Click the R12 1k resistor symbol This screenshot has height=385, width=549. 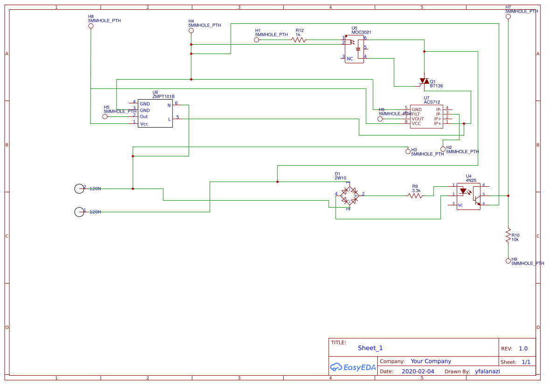[299, 40]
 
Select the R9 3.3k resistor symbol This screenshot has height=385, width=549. [415, 196]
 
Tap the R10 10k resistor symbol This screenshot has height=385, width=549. [508, 237]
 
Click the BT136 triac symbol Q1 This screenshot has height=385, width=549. [424, 81]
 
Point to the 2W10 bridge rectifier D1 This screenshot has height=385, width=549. [349, 196]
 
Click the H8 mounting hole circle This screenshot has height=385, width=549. [91, 26]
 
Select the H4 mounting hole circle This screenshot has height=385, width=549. [191, 31]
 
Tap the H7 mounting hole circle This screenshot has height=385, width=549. [508, 17]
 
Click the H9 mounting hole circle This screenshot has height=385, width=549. [508, 261]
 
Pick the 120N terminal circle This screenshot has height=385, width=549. [79, 189]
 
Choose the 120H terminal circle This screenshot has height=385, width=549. [79, 212]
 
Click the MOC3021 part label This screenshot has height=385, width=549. [361, 33]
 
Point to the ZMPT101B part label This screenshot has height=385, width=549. [163, 97]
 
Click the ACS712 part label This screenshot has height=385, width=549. [431, 102]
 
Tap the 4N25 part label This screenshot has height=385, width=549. [471, 180]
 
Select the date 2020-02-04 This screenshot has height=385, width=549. [417, 371]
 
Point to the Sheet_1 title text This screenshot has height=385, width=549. [370, 348]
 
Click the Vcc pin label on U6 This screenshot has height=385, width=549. [144, 124]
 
